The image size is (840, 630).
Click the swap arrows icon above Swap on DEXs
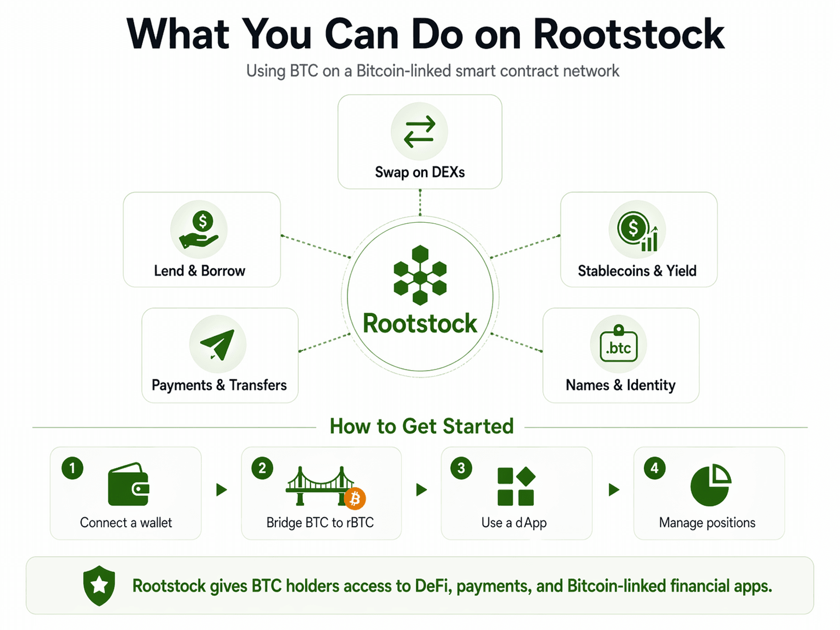[x=419, y=132]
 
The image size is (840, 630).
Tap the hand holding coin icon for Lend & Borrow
[x=199, y=230]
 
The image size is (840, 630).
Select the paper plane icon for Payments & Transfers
[x=218, y=344]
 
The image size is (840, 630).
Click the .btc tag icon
[x=618, y=345]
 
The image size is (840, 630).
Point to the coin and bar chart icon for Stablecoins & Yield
[x=637, y=230]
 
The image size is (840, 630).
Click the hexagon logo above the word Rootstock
[x=420, y=275]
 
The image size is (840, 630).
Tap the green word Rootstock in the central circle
[x=420, y=324]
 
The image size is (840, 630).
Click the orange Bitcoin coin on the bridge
[x=354, y=498]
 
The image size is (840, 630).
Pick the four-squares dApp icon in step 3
[x=516, y=486]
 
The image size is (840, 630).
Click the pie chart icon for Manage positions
[x=711, y=485]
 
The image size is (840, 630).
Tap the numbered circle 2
[x=262, y=468]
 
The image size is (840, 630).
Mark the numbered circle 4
[x=654, y=468]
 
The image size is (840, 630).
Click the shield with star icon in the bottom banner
[x=99, y=585]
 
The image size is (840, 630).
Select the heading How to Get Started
[x=422, y=426]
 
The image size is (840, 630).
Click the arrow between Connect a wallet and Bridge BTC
[x=221, y=490]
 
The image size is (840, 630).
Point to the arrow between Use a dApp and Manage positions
[x=614, y=490]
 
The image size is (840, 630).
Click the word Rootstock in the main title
[x=629, y=35]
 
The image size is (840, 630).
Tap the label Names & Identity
[x=620, y=385]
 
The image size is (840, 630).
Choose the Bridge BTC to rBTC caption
[x=320, y=523]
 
